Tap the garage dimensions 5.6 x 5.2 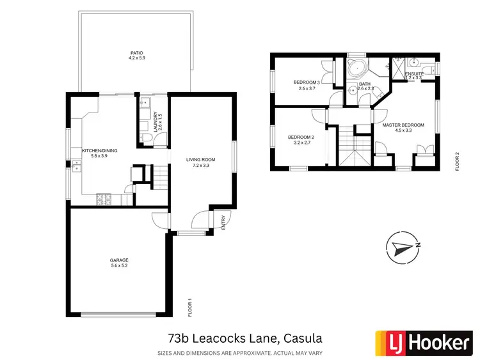point(119,267)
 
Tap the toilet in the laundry point(146,139)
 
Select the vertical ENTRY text point(223,223)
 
